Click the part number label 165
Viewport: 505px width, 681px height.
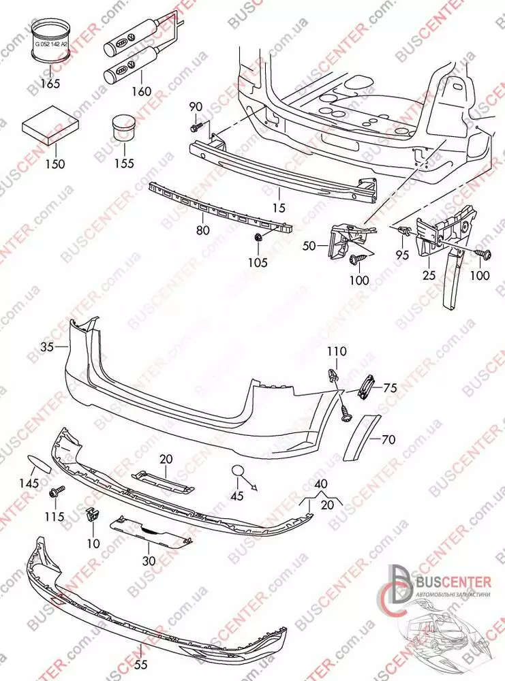click(50, 84)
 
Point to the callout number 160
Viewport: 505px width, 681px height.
click(141, 91)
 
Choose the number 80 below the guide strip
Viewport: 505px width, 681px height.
click(202, 230)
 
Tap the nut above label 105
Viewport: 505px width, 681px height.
click(259, 238)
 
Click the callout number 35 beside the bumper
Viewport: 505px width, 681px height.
click(46, 347)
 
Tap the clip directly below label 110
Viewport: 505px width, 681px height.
click(333, 375)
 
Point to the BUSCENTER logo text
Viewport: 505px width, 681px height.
click(452, 581)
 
